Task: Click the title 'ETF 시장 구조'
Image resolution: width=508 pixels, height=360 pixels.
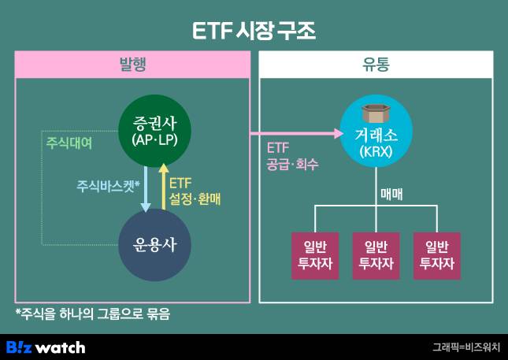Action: tap(254, 31)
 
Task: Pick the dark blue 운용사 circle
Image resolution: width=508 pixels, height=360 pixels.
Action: tap(155, 243)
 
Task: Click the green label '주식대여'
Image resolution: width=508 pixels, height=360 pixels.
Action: tap(69, 143)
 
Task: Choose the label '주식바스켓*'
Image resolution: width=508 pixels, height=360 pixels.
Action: tap(108, 186)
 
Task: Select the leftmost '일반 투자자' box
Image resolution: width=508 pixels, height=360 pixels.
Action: tap(315, 255)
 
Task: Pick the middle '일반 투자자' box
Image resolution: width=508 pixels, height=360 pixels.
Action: tap(376, 255)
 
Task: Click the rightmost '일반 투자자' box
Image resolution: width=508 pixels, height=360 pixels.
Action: tap(436, 255)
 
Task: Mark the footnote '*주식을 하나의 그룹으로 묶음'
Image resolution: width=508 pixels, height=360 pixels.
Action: tap(92, 314)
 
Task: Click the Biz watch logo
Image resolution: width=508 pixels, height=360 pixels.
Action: tap(46, 347)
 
